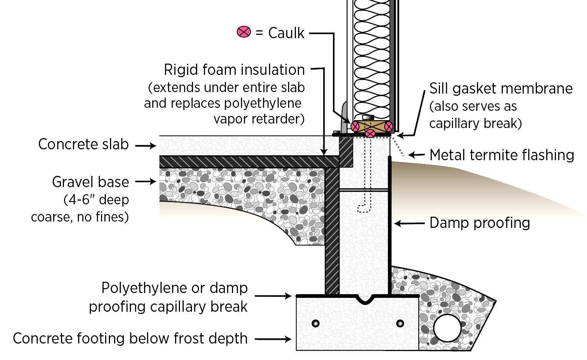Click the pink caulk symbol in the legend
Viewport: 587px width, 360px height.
[244, 32]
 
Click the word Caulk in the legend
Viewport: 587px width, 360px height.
[286, 33]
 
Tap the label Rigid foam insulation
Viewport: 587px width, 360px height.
[234, 70]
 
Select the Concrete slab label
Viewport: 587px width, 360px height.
[83, 144]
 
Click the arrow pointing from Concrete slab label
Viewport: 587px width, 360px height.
[146, 145]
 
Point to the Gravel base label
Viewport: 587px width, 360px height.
[91, 182]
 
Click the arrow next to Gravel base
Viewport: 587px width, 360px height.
[146, 182]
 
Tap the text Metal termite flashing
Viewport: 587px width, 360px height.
[502, 155]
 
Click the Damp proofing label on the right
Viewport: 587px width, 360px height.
[480, 223]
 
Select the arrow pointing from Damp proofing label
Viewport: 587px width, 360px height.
[409, 224]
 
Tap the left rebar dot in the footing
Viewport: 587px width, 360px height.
[316, 323]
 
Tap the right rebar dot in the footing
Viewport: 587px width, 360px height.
[400, 323]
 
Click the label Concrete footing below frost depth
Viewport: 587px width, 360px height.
[130, 338]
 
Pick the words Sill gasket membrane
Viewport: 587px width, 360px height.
[501, 89]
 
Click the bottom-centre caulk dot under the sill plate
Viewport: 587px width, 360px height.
[370, 134]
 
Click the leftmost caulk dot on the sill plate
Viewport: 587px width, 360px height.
[355, 126]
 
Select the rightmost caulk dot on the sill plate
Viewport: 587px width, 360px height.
[389, 126]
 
